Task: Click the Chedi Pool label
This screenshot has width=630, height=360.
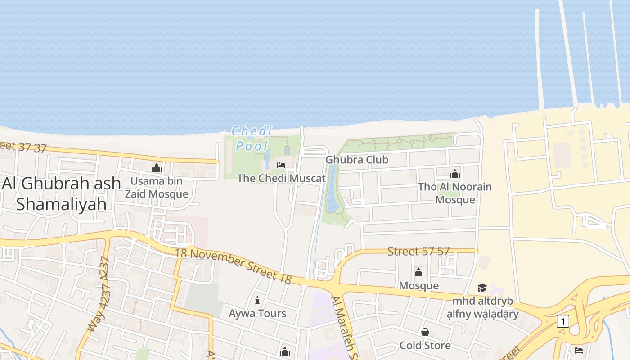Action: (252, 138)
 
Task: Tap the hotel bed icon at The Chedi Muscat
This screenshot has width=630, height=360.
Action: (281, 165)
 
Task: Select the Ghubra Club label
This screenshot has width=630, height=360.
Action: (357, 160)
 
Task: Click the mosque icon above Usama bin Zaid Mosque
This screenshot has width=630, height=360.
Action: (157, 168)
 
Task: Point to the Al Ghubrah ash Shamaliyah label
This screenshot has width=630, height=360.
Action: (62, 193)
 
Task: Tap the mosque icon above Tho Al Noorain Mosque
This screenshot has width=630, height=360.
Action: (455, 174)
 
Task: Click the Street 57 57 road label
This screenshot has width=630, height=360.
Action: (418, 251)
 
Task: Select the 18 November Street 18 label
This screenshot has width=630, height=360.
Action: (233, 265)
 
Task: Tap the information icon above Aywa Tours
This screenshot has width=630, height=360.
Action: (257, 300)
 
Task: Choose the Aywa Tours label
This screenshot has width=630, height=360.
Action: (257, 313)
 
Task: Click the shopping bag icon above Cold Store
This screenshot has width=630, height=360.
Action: (425, 333)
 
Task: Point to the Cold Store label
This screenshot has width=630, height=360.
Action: (425, 345)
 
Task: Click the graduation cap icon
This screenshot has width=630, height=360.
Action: (482, 288)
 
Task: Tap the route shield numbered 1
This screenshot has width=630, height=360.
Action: (562, 321)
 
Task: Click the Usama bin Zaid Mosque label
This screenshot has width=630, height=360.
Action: (157, 188)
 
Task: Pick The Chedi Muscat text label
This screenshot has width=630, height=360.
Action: (281, 178)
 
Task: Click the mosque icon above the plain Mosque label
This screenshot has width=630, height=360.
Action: (418, 273)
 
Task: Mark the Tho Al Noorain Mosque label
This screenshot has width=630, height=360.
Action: (455, 193)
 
